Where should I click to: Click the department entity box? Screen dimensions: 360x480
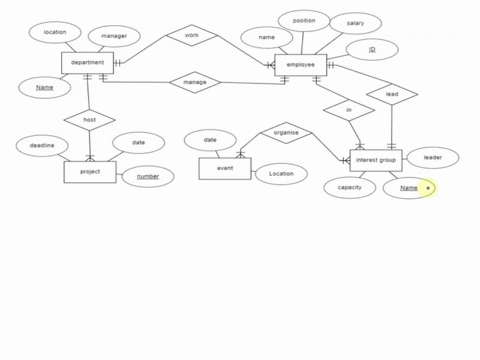coord(87,63)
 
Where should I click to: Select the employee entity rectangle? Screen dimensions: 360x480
coord(300,65)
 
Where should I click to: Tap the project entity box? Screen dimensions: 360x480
coord(89,172)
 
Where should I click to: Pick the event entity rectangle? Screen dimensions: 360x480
coord(224,169)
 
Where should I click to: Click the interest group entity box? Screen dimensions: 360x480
coord(376,161)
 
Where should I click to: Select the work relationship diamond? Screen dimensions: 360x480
coord(191,36)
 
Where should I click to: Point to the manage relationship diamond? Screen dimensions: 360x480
coord(194,82)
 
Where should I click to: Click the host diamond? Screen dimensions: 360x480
coord(89,120)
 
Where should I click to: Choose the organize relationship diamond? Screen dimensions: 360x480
coord(286,132)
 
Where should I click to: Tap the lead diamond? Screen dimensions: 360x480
coord(392,95)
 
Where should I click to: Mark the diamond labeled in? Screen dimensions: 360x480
coord(349,110)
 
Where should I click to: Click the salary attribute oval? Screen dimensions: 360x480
coord(355,22)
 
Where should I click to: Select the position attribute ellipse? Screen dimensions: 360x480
coord(303,20)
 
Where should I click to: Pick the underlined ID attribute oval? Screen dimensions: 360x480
coord(371,49)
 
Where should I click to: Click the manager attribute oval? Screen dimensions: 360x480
coord(114,36)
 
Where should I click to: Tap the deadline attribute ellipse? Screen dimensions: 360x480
coord(42,145)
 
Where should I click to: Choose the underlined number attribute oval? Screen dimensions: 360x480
coord(147,177)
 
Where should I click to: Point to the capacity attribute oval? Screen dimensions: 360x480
coord(349,187)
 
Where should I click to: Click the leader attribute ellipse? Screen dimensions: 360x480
coord(432,157)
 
